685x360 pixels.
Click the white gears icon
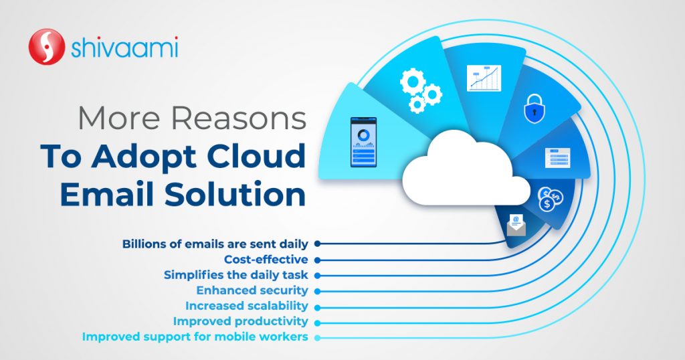point(419,90)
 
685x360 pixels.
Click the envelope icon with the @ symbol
point(516,225)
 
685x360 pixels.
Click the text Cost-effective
point(266,260)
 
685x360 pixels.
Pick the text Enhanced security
point(252,290)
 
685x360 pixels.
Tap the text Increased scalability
point(246,306)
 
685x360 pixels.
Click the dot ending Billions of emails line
point(317,244)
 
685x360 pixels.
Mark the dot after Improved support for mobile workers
point(317,337)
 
